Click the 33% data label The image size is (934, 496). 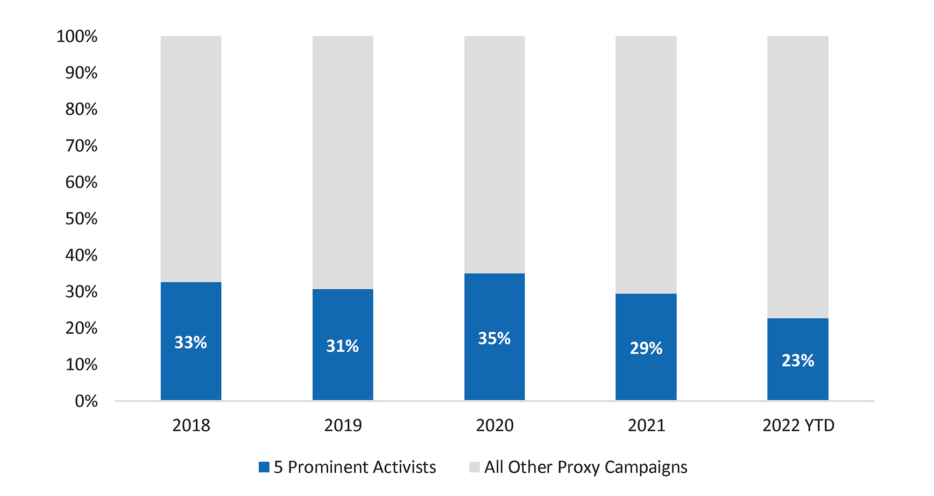point(191,342)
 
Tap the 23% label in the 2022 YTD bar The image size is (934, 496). point(798,360)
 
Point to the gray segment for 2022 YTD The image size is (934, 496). point(798,177)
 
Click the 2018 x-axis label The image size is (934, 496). point(191,425)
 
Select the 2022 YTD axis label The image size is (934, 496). point(798,425)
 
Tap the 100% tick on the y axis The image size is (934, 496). point(77,36)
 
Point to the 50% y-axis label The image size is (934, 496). point(81,218)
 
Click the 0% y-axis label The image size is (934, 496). point(86,401)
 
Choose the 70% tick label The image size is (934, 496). point(81,146)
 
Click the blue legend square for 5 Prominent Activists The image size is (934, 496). point(264,467)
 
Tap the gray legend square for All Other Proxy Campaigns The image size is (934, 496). point(474,467)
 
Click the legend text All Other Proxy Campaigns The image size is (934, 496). point(586,467)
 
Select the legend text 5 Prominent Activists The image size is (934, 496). point(355,467)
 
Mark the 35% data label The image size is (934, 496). point(494,338)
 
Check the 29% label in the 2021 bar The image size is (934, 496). point(646,348)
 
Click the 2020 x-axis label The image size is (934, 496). point(495,425)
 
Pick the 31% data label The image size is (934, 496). point(342,346)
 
